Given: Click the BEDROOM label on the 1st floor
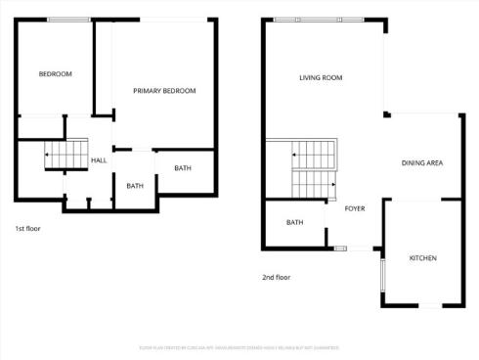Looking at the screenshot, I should point(55,74).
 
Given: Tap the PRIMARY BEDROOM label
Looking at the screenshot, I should point(164,91).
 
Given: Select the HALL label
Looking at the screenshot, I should point(99,160).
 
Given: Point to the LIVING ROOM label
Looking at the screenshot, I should point(320,78).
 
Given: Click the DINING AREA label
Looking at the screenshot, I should point(422,162).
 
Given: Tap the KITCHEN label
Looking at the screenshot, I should point(422,258).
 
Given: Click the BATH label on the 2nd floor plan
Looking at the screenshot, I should point(294,222).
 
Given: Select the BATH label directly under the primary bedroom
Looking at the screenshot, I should point(183,168).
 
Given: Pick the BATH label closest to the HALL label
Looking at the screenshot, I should point(135,186).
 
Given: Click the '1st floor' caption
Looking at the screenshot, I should point(27,229).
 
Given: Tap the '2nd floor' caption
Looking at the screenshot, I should point(276,277).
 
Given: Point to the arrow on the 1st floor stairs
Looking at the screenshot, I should point(49,156).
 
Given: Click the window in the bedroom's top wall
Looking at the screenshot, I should point(68,19).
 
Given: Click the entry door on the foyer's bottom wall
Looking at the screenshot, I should point(340,248).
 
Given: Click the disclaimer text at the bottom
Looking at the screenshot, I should point(239,347).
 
